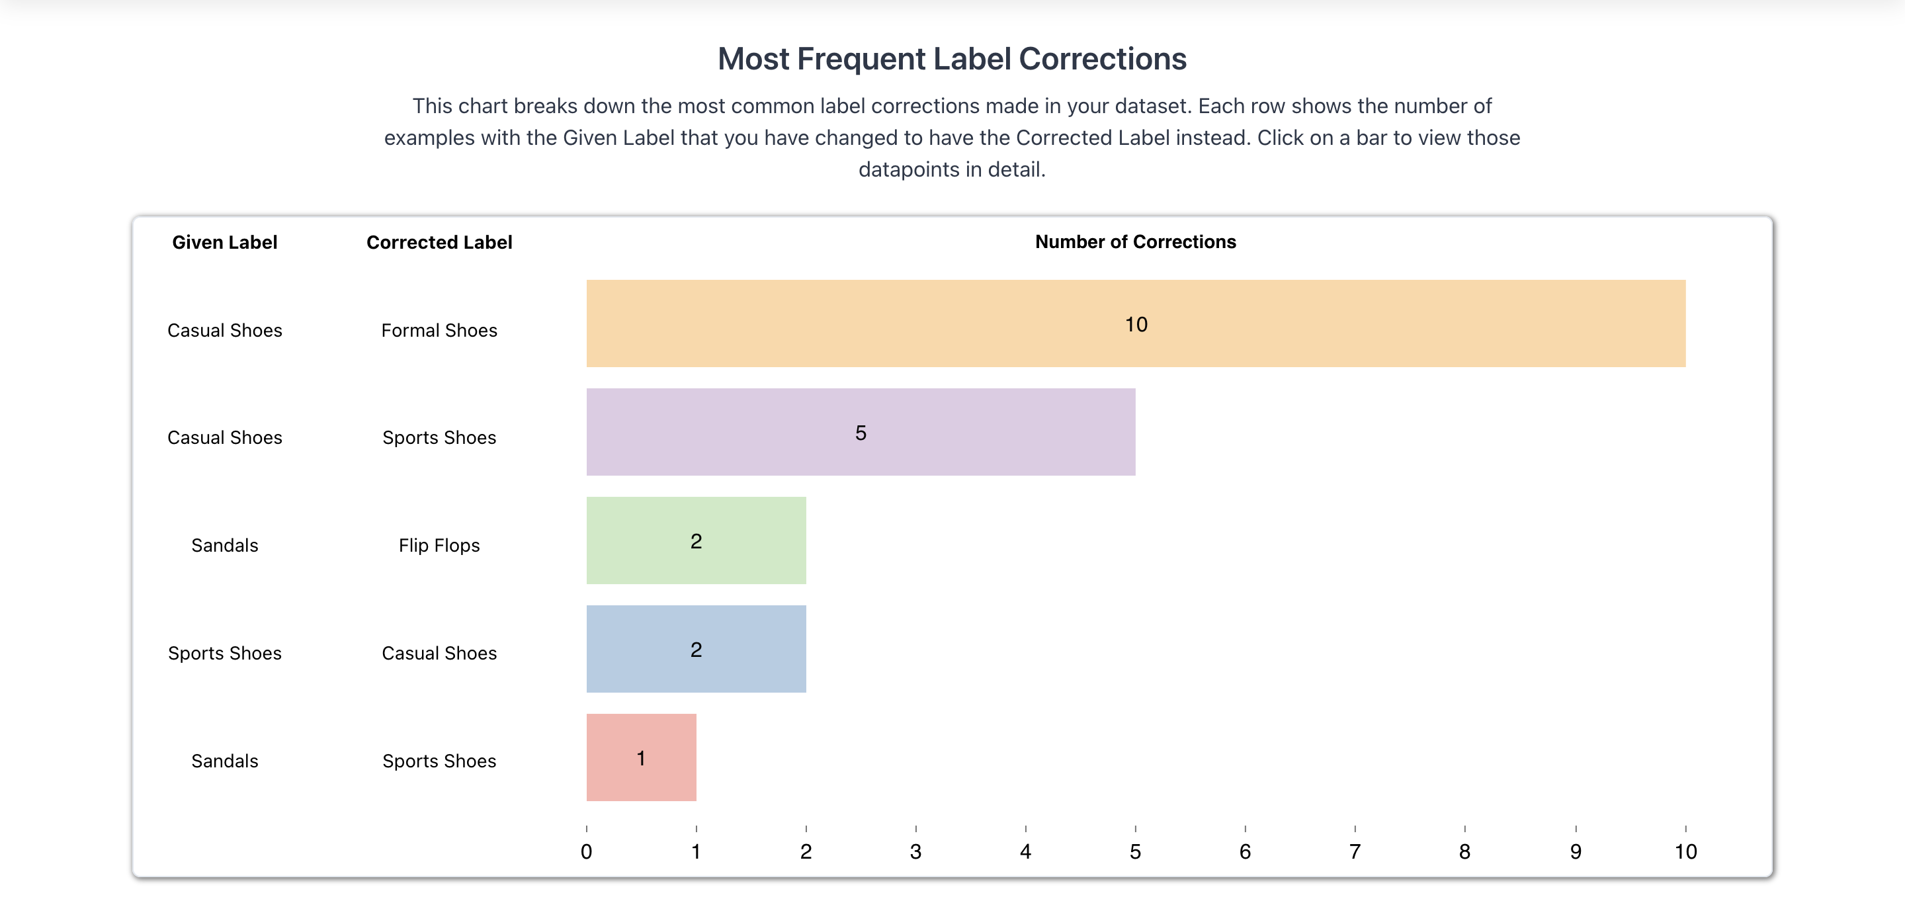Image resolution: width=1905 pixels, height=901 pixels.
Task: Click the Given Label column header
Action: click(x=224, y=242)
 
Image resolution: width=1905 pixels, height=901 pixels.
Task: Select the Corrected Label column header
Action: click(x=439, y=242)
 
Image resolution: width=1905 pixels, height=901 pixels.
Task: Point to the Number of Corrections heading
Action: click(x=1135, y=241)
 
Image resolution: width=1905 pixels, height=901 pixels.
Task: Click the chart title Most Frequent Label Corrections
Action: click(x=952, y=58)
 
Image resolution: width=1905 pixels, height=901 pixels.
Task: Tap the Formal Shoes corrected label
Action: click(x=439, y=330)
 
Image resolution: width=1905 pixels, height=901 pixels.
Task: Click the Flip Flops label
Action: click(x=439, y=545)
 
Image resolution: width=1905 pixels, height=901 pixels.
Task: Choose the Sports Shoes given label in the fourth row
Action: click(x=224, y=653)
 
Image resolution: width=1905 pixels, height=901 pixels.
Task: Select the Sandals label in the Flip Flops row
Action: click(x=224, y=545)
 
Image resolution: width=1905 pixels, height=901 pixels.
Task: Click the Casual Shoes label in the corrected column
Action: click(x=439, y=653)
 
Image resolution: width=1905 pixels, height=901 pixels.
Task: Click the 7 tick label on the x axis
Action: click(x=1355, y=851)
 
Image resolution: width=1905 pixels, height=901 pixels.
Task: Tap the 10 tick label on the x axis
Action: click(x=1685, y=851)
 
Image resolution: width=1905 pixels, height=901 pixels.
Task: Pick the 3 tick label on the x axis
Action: click(x=915, y=851)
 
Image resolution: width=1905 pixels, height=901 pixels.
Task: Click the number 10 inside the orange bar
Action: click(x=1136, y=324)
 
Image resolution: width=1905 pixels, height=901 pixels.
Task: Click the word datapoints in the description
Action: click(x=909, y=169)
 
